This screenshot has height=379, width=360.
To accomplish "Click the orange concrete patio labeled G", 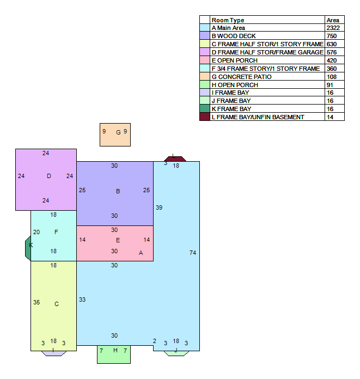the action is [x=115, y=135].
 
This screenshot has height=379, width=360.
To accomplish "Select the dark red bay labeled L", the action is [x=175, y=159].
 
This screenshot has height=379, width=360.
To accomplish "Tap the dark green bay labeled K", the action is [x=28, y=248].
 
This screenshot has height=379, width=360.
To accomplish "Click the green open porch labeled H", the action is [x=114, y=354].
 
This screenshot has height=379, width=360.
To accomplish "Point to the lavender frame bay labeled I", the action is [x=54, y=353].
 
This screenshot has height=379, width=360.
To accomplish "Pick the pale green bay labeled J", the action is [x=176, y=353].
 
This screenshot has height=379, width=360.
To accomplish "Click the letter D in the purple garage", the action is [x=49, y=176].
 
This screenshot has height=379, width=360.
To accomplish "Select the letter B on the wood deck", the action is [x=118, y=191].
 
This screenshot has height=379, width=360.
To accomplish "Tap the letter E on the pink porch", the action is [x=118, y=240].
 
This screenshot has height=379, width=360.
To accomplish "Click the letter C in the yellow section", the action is [x=57, y=304].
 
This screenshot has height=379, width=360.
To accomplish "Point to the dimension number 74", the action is [x=193, y=253].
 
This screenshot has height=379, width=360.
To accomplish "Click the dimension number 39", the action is [x=159, y=207].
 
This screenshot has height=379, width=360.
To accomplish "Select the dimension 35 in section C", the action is [x=36, y=302].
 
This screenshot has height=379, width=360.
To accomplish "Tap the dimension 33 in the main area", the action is [x=82, y=299].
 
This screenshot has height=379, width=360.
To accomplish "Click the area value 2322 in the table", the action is [x=333, y=28].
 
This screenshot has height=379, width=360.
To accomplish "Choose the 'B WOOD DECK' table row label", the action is [x=234, y=36].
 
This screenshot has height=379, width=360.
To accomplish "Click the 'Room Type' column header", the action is [x=228, y=20].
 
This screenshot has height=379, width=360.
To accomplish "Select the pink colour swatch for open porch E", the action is [x=205, y=60].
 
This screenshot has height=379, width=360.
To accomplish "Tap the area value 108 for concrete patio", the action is [x=332, y=77].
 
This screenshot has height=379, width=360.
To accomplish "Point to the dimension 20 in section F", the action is [x=36, y=232].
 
